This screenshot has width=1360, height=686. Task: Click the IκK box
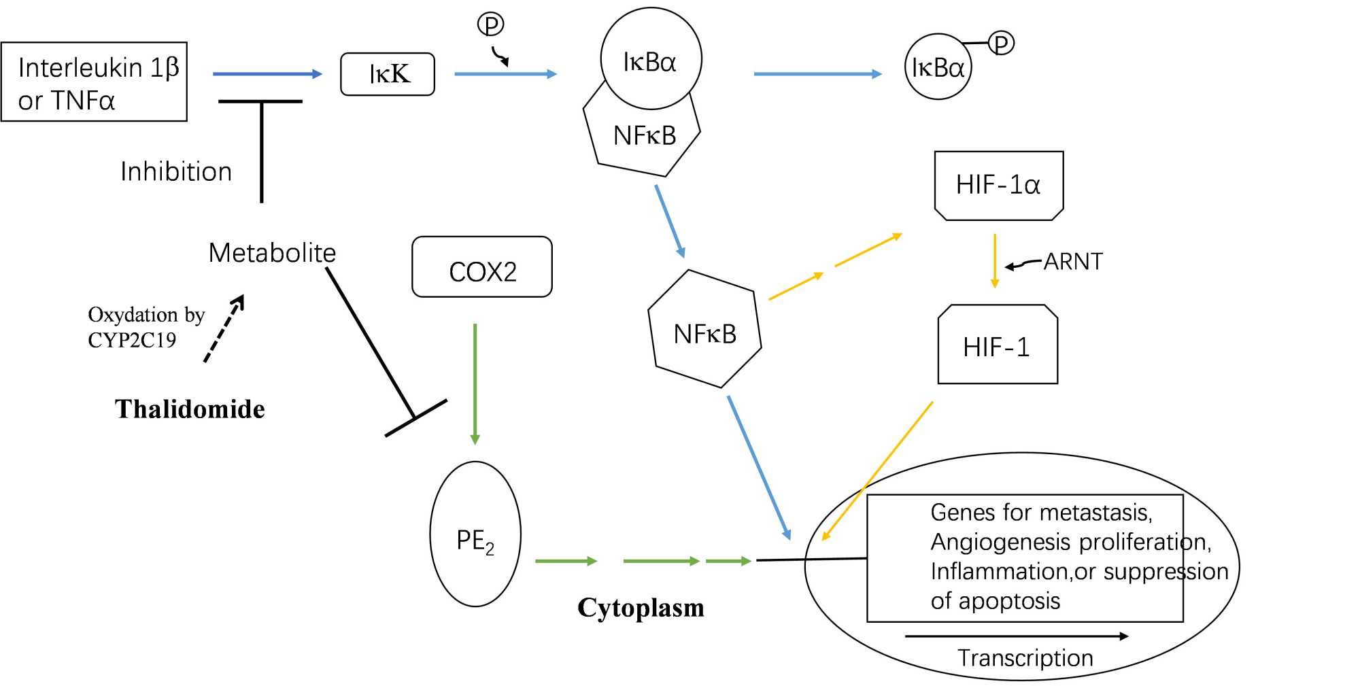388,74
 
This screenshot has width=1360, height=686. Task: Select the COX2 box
482,267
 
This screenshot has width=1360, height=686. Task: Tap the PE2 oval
475,534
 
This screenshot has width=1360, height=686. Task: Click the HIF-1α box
998,186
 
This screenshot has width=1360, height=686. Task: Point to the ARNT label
1073,262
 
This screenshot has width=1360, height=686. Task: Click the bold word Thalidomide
190,409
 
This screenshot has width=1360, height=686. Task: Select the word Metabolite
272,253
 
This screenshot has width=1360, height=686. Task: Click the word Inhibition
176,172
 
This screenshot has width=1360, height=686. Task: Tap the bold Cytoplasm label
641,608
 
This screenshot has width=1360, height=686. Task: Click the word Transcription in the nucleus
1025,658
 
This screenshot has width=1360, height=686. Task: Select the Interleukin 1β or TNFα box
94,82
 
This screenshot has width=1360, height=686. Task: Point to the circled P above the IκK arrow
490,24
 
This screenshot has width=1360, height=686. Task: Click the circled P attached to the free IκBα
1001,44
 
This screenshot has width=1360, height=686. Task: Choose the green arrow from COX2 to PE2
475,384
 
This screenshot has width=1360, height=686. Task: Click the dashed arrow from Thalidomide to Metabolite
224,329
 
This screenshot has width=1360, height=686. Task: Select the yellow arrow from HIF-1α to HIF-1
994,261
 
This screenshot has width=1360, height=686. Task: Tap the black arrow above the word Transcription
1017,636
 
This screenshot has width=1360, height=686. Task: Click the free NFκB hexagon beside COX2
704,330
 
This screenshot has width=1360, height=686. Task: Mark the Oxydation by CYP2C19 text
146,327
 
